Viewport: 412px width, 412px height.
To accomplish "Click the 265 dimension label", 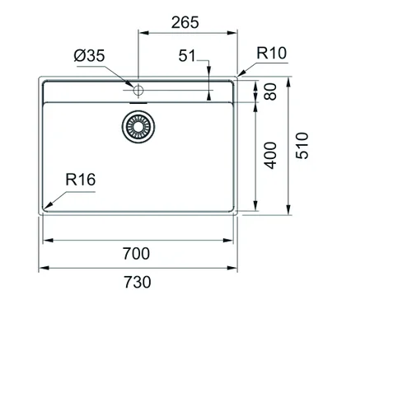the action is coord(185,22).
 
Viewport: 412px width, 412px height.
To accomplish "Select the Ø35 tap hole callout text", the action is coord(89,55).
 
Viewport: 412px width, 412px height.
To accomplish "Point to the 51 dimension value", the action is coord(187,56).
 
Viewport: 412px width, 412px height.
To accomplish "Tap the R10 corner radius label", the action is coord(271,53).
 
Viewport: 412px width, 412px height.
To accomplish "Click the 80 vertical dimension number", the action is coord(270,91).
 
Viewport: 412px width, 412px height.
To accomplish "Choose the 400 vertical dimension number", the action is coord(270,155).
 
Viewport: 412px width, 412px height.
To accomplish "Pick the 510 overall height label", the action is coord(302,146).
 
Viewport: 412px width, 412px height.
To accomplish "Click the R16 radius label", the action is coord(81,180).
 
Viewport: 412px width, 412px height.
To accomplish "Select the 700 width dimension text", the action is coord(136,254).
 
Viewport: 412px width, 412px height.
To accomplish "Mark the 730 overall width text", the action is coord(137,282).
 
